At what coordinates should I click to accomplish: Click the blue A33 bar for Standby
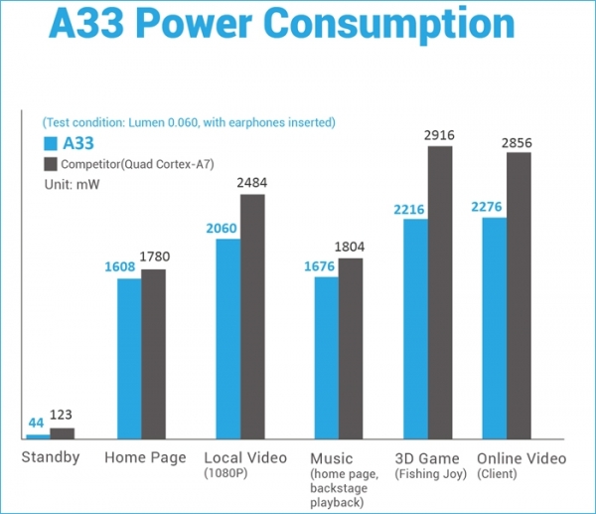(38, 435)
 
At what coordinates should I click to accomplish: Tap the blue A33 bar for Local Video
(228, 338)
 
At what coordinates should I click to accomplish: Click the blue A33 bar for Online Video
(495, 327)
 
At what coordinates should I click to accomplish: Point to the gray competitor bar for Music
(351, 348)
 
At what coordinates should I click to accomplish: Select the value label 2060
(222, 228)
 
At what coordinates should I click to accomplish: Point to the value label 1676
(321, 265)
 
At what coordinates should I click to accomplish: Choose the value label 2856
(517, 142)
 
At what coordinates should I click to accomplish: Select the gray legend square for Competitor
(50, 163)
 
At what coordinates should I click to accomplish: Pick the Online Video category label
(521, 458)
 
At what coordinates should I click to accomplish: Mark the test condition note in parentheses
(188, 122)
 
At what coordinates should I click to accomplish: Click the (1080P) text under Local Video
(226, 474)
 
